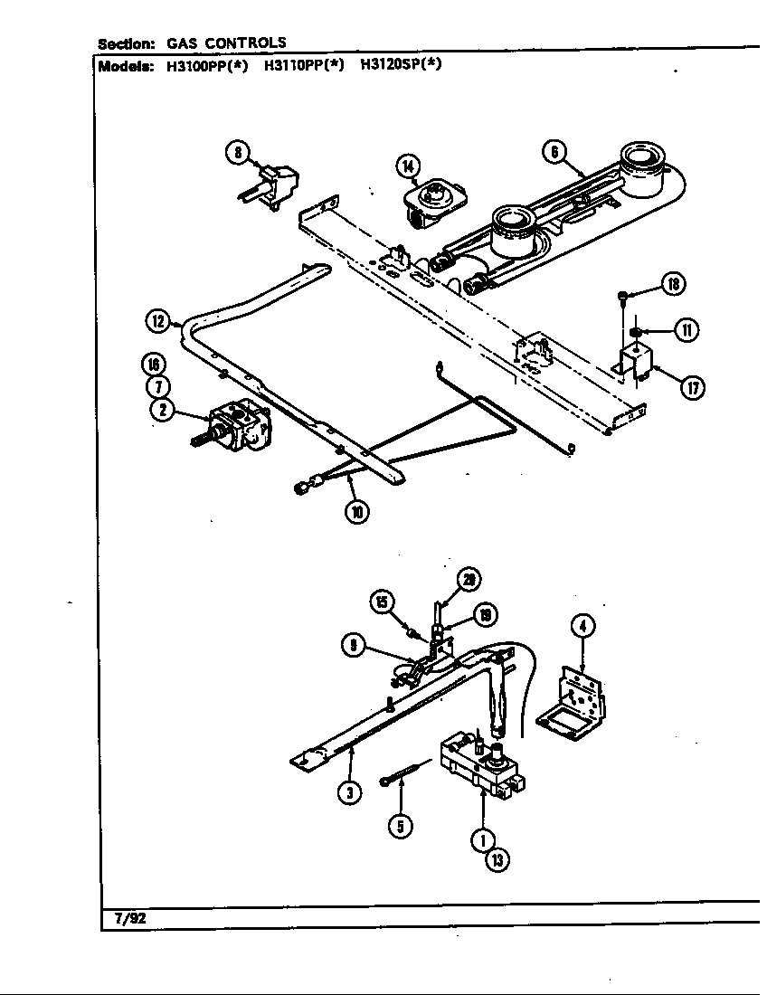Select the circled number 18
672,285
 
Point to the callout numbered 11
687,330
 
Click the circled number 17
693,389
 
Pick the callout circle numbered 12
158,319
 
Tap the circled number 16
155,365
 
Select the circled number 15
383,602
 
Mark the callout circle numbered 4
583,624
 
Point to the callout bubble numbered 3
351,792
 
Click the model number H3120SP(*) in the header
402,65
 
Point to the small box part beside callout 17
640,366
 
